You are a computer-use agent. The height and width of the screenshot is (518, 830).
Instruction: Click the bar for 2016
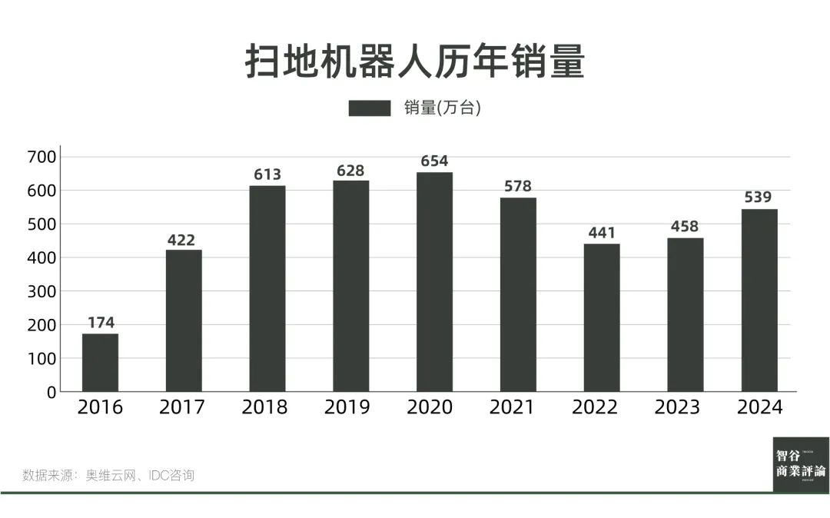100,362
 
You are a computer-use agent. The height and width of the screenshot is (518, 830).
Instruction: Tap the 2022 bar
601,317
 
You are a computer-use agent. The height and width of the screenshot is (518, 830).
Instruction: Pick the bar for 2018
267,288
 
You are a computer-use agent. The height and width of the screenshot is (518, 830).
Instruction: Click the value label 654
434,161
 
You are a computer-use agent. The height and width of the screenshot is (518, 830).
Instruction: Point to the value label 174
101,323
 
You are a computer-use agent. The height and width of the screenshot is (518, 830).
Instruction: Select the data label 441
601,233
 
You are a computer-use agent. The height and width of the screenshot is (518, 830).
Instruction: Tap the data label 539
758,198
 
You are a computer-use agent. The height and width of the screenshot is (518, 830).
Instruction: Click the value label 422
183,240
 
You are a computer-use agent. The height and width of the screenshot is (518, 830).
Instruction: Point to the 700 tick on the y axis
41,157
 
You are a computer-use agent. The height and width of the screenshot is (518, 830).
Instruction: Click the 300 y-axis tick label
41,291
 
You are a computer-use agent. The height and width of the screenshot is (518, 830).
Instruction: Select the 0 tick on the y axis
51,392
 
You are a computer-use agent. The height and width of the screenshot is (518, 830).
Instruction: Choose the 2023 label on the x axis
677,407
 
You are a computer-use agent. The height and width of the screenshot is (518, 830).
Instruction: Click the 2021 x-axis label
512,407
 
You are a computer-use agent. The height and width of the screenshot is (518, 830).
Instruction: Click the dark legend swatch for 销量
369,108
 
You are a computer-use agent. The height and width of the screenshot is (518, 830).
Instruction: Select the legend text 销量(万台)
443,108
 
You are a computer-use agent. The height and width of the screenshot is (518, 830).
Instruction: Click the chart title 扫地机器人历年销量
415,61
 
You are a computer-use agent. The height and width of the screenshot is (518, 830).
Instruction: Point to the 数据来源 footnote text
108,475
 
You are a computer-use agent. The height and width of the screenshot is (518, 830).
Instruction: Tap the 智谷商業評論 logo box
801,464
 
